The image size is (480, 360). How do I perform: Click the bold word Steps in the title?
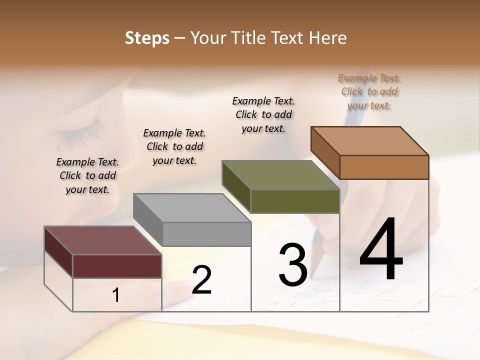(x=147, y=38)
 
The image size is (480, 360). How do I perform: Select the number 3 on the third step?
(x=293, y=265)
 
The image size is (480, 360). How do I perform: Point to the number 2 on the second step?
(x=201, y=280)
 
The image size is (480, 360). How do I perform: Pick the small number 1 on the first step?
(x=116, y=295)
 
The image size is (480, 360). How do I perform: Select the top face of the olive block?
(x=280, y=175)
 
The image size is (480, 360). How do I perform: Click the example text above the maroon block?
(x=87, y=175)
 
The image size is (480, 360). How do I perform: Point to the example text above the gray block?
(x=174, y=146)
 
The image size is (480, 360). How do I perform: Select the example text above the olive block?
(x=263, y=114)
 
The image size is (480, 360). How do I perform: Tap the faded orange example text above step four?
(x=369, y=91)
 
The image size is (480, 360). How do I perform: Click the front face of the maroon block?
(x=117, y=266)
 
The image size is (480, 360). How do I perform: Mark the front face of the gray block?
(x=206, y=234)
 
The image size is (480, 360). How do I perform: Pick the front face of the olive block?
(x=295, y=201)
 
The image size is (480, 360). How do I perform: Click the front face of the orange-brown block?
(x=384, y=167)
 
